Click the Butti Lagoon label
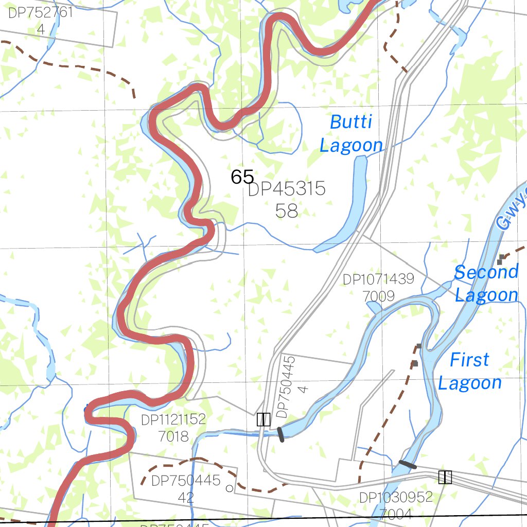tap(352, 134)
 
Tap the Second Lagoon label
tap(486, 284)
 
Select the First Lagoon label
tap(469, 371)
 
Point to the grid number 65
tap(242, 177)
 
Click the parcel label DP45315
tap(287, 189)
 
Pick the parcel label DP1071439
tap(378, 279)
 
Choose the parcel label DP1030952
tap(396, 497)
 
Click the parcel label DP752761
tap(41, 13)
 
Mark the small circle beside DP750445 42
tap(230, 488)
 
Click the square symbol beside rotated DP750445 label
tap(263, 419)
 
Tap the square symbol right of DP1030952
tap(445, 477)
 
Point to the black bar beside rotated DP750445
tap(280, 434)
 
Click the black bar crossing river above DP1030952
tap(408, 465)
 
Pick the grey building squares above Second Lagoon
tap(500, 259)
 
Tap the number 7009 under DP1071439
tap(378, 296)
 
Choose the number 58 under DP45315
tap(287, 210)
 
